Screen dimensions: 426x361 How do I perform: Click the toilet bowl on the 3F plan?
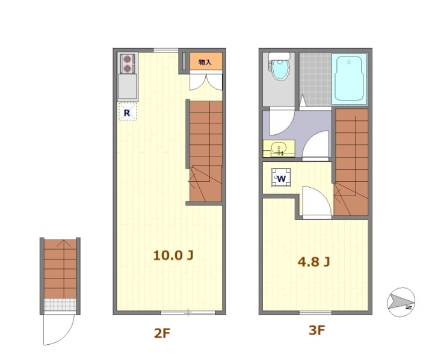[x=280, y=69]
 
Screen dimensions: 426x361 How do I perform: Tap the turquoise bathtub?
[x=349, y=79]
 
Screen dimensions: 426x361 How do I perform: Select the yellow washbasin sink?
[x=279, y=149]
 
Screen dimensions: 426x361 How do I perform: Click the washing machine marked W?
[x=281, y=177]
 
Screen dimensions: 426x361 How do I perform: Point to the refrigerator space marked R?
[x=127, y=111]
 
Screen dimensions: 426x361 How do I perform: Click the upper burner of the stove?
[x=128, y=59]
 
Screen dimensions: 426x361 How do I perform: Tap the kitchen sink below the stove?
[x=127, y=87]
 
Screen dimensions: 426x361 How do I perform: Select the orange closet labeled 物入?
[x=206, y=61]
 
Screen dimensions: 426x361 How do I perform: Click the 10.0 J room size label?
[x=173, y=255]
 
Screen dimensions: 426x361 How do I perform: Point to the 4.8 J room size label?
[x=314, y=262]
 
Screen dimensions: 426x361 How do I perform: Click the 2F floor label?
[x=162, y=333]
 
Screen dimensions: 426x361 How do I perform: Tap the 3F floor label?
[x=316, y=330]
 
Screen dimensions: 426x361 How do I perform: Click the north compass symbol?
[x=401, y=302]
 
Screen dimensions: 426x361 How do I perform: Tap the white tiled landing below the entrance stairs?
[x=60, y=304]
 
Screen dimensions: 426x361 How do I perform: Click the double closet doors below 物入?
[x=206, y=81]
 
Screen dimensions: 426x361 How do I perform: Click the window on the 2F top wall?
[x=165, y=51]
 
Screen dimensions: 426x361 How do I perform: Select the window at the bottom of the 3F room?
[x=315, y=313]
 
